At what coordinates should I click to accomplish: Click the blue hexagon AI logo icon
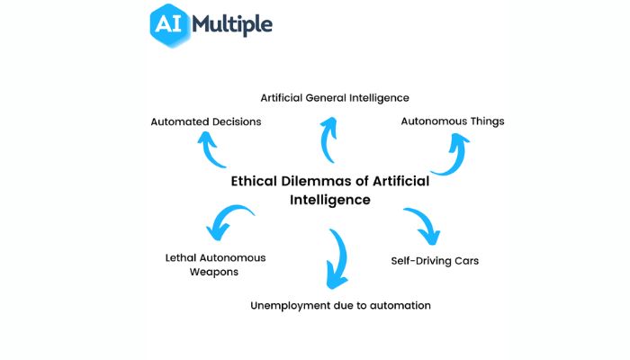(169, 25)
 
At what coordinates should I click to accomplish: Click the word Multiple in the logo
(232, 25)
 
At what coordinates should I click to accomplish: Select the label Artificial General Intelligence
(335, 98)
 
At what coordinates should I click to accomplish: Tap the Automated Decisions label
(206, 121)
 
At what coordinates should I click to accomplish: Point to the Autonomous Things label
(453, 121)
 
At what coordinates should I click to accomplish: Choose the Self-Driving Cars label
(435, 261)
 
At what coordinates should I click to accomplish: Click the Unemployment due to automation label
(340, 306)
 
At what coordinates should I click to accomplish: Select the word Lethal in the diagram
(180, 258)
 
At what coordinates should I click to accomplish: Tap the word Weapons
(214, 272)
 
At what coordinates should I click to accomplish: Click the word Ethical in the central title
(254, 181)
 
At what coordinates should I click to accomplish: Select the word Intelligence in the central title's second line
(330, 200)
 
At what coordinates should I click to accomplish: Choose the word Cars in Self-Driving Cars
(466, 261)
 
